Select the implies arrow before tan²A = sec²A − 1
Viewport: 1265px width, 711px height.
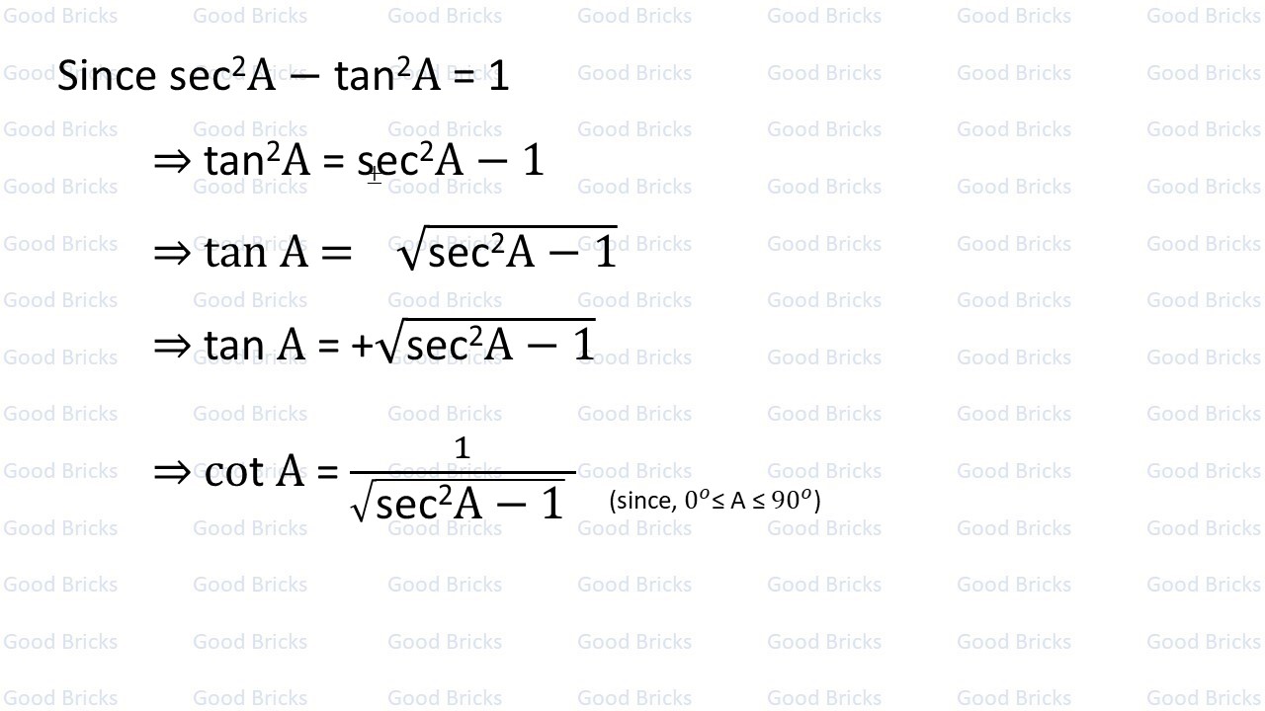pyautogui.click(x=172, y=161)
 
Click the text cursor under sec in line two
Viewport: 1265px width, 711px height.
pyautogui.click(x=375, y=175)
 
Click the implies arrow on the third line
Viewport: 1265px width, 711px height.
pyautogui.click(x=172, y=253)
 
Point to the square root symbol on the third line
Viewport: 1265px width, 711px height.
pyautogui.click(x=410, y=253)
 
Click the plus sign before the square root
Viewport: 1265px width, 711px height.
pyautogui.click(x=363, y=346)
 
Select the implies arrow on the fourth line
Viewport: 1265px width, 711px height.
pyautogui.click(x=172, y=345)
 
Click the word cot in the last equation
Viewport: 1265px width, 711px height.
pyautogui.click(x=233, y=472)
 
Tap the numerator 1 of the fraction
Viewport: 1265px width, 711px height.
pyautogui.click(x=462, y=449)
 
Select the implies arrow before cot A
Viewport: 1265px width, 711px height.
pyautogui.click(x=172, y=472)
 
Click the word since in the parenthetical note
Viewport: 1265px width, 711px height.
pyautogui.click(x=645, y=501)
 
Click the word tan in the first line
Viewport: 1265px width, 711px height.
pyautogui.click(x=365, y=76)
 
